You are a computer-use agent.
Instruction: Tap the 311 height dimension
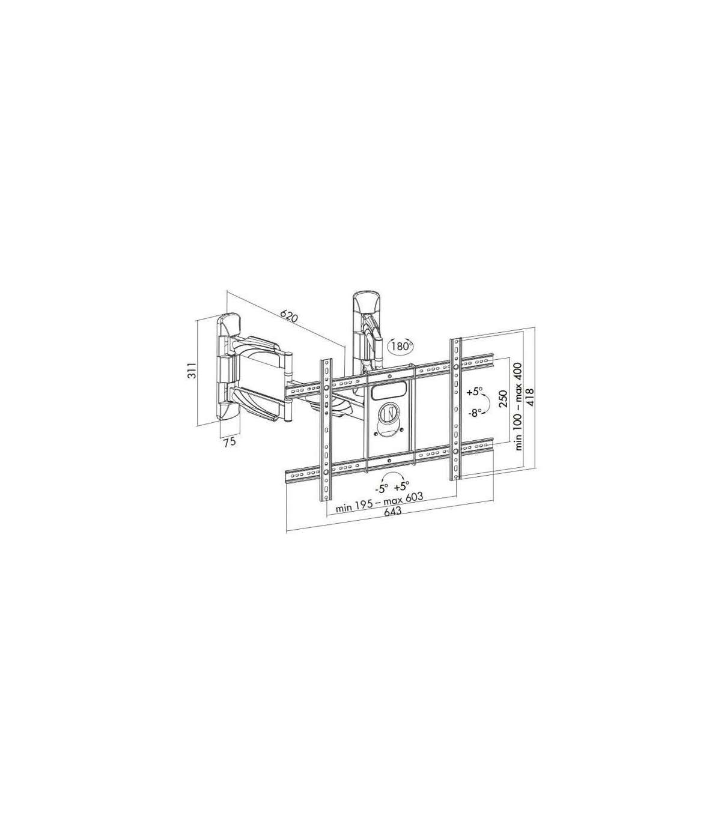tap(192, 370)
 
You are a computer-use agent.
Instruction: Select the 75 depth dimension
tap(230, 442)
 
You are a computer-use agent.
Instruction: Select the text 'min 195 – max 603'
tap(379, 501)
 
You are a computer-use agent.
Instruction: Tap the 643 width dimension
tap(393, 511)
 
